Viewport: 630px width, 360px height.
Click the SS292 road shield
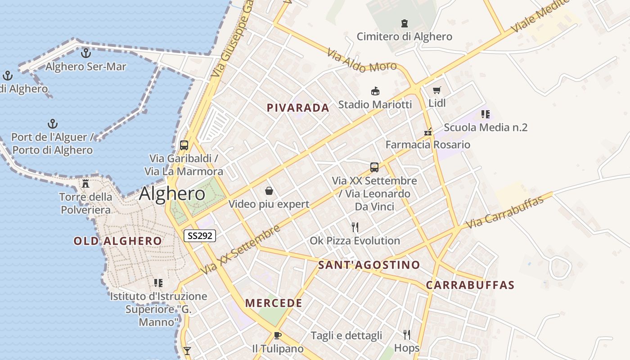200,236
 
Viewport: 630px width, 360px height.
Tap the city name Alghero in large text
172,193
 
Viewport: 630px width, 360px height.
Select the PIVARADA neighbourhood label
298,108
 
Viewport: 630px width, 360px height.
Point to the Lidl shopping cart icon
436,90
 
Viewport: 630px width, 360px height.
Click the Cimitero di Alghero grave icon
404,23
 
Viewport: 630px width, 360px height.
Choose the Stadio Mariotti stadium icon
375,91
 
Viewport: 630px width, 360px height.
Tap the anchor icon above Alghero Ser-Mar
85,53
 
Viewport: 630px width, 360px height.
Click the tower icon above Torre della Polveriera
85,183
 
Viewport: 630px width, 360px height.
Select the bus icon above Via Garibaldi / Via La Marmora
184,145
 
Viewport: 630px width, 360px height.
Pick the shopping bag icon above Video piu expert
269,191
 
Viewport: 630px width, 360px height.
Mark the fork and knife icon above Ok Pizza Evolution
355,227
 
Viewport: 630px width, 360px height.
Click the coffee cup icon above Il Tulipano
277,335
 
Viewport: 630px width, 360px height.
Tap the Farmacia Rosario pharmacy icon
428,132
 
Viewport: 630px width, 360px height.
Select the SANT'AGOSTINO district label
369,265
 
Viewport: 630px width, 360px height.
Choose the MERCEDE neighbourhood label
274,303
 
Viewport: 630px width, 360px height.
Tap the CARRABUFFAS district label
470,285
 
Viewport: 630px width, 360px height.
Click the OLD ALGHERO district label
118,241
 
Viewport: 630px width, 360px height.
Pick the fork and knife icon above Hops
407,334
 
